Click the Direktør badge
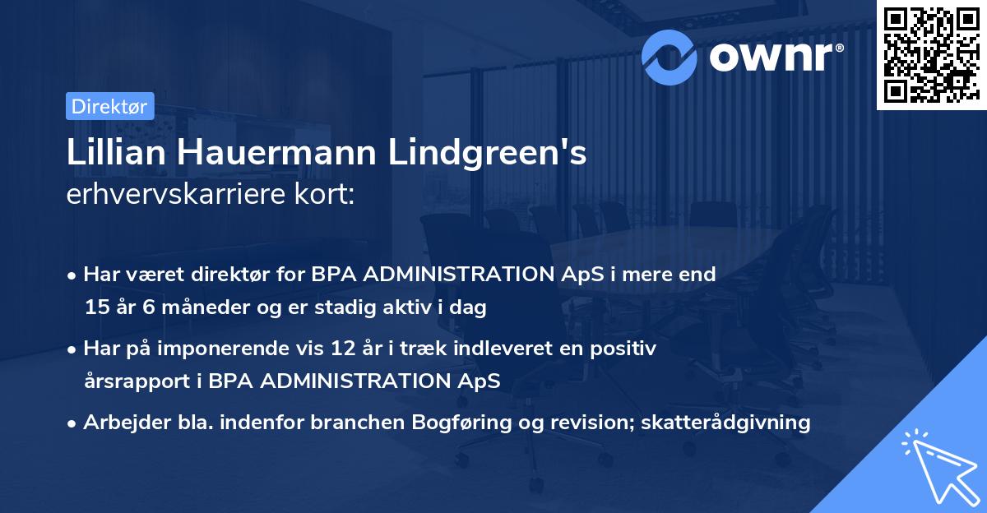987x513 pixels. pos(109,106)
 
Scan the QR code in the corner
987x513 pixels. pos(930,55)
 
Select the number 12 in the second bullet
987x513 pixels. pos(364,349)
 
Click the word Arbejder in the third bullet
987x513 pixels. pos(121,423)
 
